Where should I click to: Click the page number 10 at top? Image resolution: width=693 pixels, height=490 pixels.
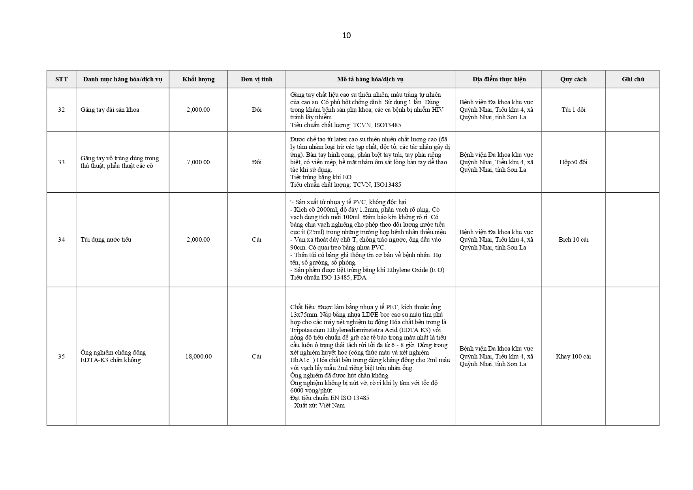coord(346,36)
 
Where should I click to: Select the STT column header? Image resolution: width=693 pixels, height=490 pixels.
coord(61,79)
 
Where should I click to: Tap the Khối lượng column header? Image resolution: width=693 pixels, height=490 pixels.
coord(198,79)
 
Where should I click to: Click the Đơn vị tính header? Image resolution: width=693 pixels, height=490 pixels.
coord(257,79)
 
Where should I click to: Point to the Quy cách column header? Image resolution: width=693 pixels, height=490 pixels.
coord(573,79)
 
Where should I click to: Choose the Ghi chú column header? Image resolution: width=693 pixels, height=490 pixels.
coord(633,79)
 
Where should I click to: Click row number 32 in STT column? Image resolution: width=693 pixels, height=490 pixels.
coord(61,110)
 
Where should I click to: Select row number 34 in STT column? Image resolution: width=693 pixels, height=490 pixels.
coord(61,240)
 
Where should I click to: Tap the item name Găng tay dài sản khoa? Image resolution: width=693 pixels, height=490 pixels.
coord(110,110)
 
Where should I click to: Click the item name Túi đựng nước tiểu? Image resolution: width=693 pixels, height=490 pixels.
coord(106,240)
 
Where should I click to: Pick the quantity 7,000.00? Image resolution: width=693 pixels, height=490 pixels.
coord(198,162)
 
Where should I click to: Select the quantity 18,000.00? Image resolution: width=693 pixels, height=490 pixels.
coord(198,357)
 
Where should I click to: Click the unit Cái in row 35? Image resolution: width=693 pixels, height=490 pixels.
coord(257,357)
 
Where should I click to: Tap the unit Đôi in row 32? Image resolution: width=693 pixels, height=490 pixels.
coord(257,110)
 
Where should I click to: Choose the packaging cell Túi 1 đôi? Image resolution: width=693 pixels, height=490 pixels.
coord(573,110)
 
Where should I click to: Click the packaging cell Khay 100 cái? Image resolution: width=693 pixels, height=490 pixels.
coord(573,357)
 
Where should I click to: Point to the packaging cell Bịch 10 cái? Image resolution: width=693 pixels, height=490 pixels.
coord(573,240)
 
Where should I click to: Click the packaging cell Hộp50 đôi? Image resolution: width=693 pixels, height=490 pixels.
coord(573,162)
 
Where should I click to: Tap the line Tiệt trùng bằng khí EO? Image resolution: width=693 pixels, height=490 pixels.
coord(321,177)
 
